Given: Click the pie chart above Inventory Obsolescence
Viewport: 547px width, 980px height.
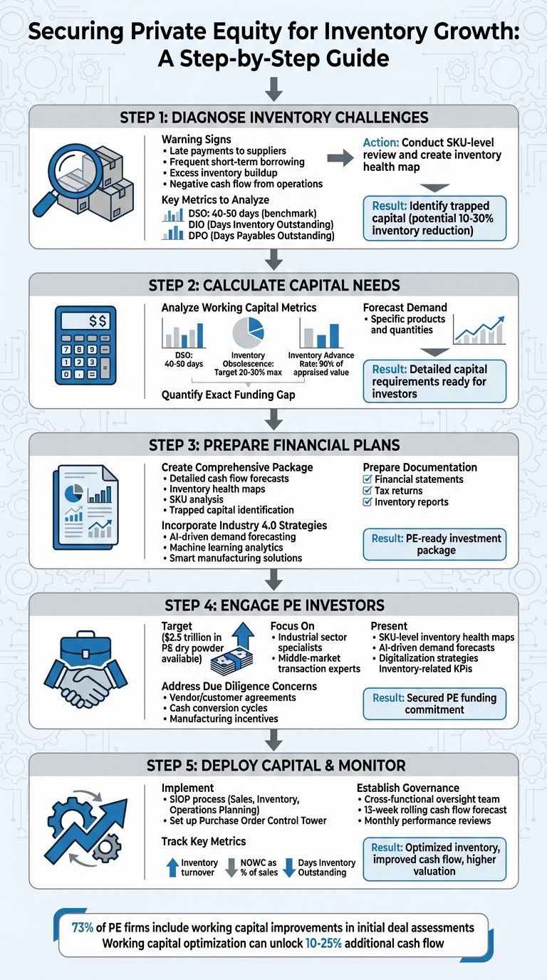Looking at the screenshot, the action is [x=249, y=333].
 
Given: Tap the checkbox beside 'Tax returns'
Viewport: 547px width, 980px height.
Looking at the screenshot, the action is [x=368, y=491].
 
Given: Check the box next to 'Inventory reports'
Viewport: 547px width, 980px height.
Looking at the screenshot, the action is [x=368, y=502].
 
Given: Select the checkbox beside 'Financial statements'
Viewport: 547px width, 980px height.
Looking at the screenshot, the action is [x=368, y=479].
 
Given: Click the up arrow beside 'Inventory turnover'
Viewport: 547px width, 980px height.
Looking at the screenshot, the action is [x=172, y=867].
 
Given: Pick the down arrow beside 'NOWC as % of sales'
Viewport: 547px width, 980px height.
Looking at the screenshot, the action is [x=231, y=867].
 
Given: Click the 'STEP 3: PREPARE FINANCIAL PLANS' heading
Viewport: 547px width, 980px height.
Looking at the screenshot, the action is [x=273, y=445].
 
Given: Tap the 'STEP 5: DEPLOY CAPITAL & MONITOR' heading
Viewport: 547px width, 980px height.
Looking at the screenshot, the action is [x=273, y=766].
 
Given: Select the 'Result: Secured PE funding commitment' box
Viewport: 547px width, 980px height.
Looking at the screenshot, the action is [x=434, y=704].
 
